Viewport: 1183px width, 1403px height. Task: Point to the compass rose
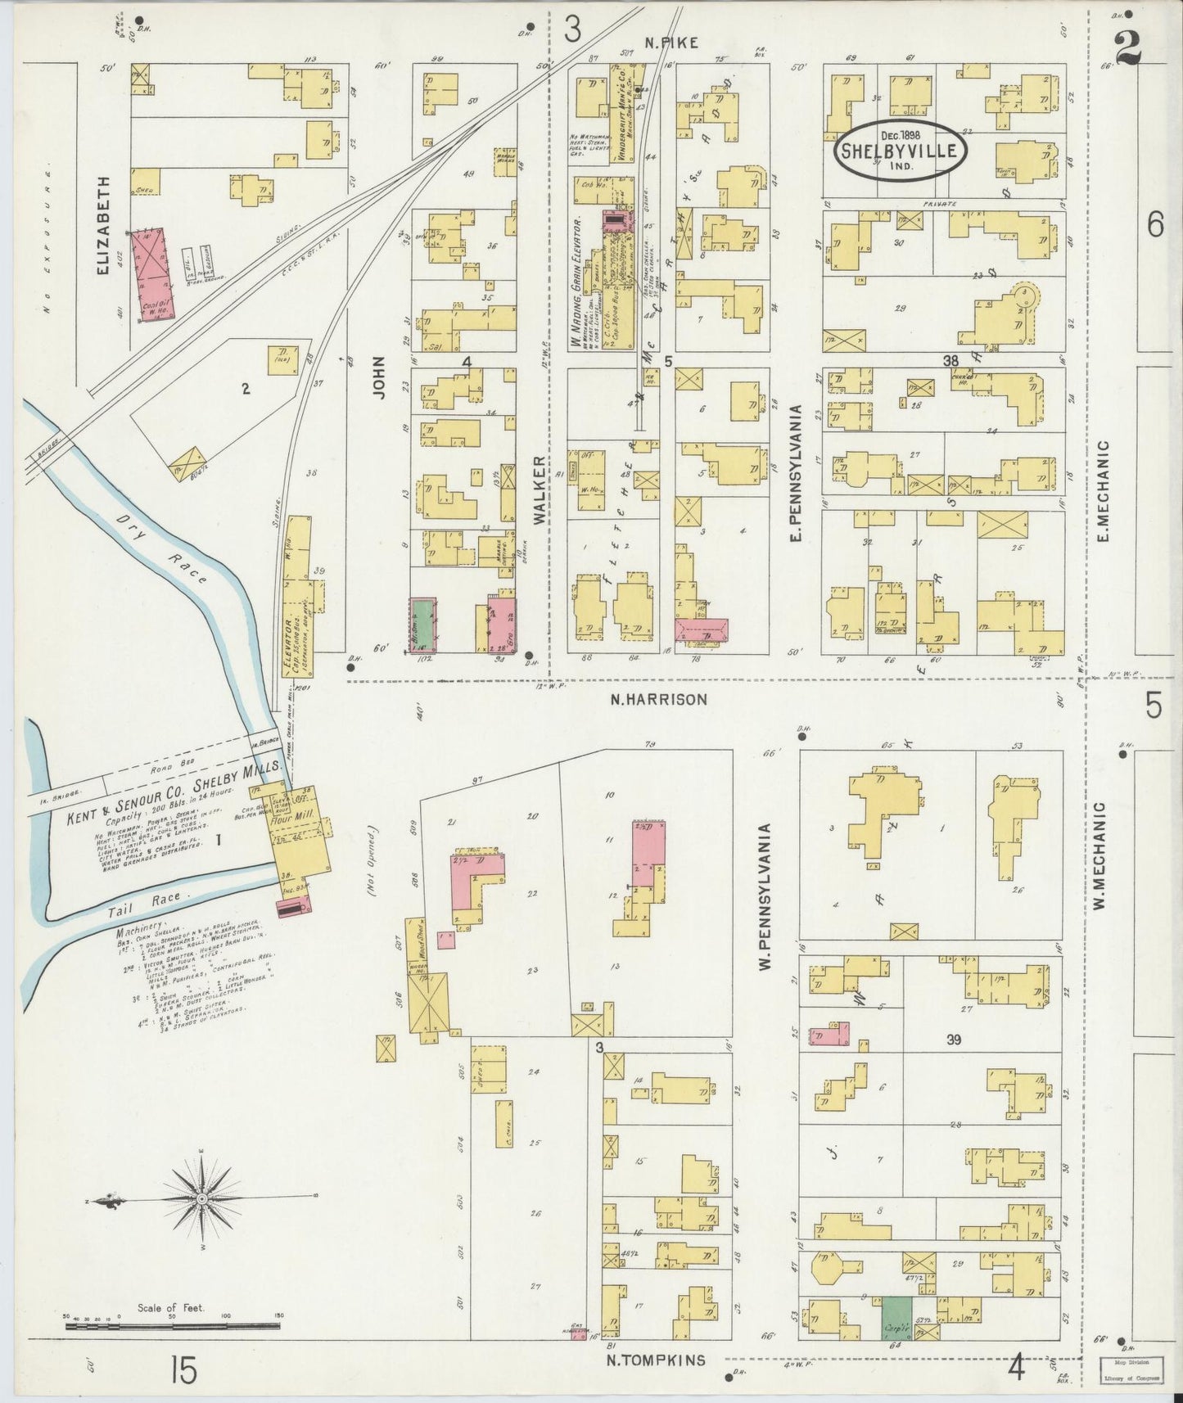click(x=200, y=1202)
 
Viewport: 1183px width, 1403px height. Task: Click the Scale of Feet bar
click(x=172, y=1325)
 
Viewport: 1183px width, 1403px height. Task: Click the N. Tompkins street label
click(x=655, y=1360)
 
